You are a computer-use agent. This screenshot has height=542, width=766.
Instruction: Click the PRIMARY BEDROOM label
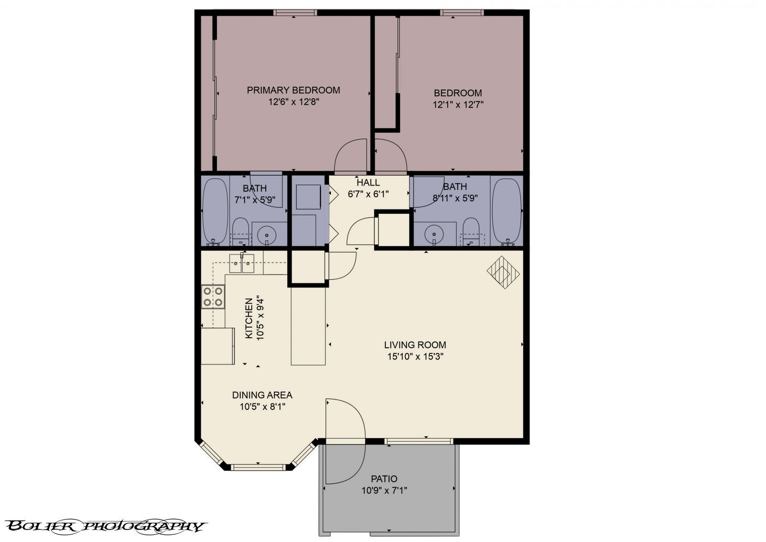(293, 90)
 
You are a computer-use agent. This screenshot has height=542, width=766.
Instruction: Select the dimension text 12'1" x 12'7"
(458, 105)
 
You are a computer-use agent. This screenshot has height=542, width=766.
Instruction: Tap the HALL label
(368, 182)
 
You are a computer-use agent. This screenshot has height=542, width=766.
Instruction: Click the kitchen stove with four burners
(213, 296)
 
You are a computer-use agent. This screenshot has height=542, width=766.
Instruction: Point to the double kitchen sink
(242, 263)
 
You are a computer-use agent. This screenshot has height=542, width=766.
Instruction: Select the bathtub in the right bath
(506, 210)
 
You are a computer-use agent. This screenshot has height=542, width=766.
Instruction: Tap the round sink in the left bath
(267, 234)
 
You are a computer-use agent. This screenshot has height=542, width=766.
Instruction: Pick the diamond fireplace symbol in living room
(503, 272)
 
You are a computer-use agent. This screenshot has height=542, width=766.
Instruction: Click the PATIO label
(384, 478)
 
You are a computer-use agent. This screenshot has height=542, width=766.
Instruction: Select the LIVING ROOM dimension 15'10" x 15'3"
(415, 356)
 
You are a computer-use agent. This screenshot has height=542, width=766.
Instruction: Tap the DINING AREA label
(262, 395)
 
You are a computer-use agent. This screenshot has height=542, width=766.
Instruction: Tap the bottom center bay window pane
(259, 466)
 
